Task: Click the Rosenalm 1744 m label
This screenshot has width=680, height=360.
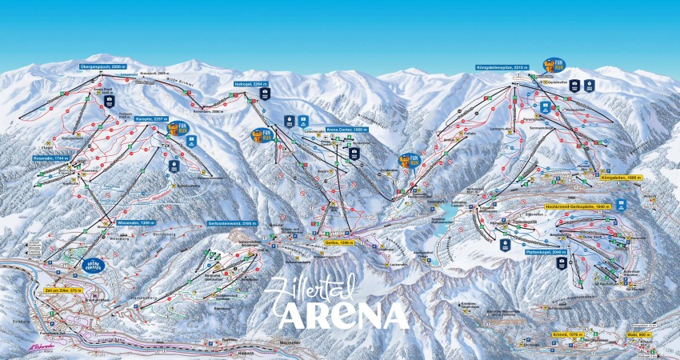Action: [50, 158]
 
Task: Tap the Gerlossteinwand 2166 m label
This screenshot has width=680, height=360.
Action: [230, 223]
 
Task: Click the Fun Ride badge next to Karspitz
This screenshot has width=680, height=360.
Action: [178, 127]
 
